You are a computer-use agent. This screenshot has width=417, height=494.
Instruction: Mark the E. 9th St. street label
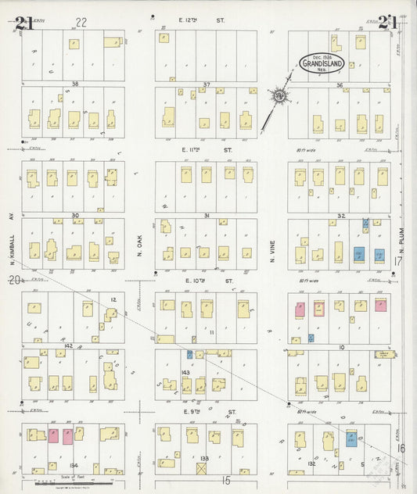(206, 410)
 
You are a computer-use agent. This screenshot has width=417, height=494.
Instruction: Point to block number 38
(75, 84)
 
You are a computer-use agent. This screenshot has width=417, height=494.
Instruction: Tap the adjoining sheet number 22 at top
(81, 21)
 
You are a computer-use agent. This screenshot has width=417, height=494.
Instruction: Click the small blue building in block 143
(189, 354)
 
